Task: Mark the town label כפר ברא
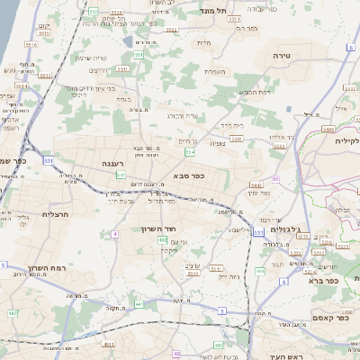321,281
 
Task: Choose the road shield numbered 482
13,313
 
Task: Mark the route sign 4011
109,344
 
